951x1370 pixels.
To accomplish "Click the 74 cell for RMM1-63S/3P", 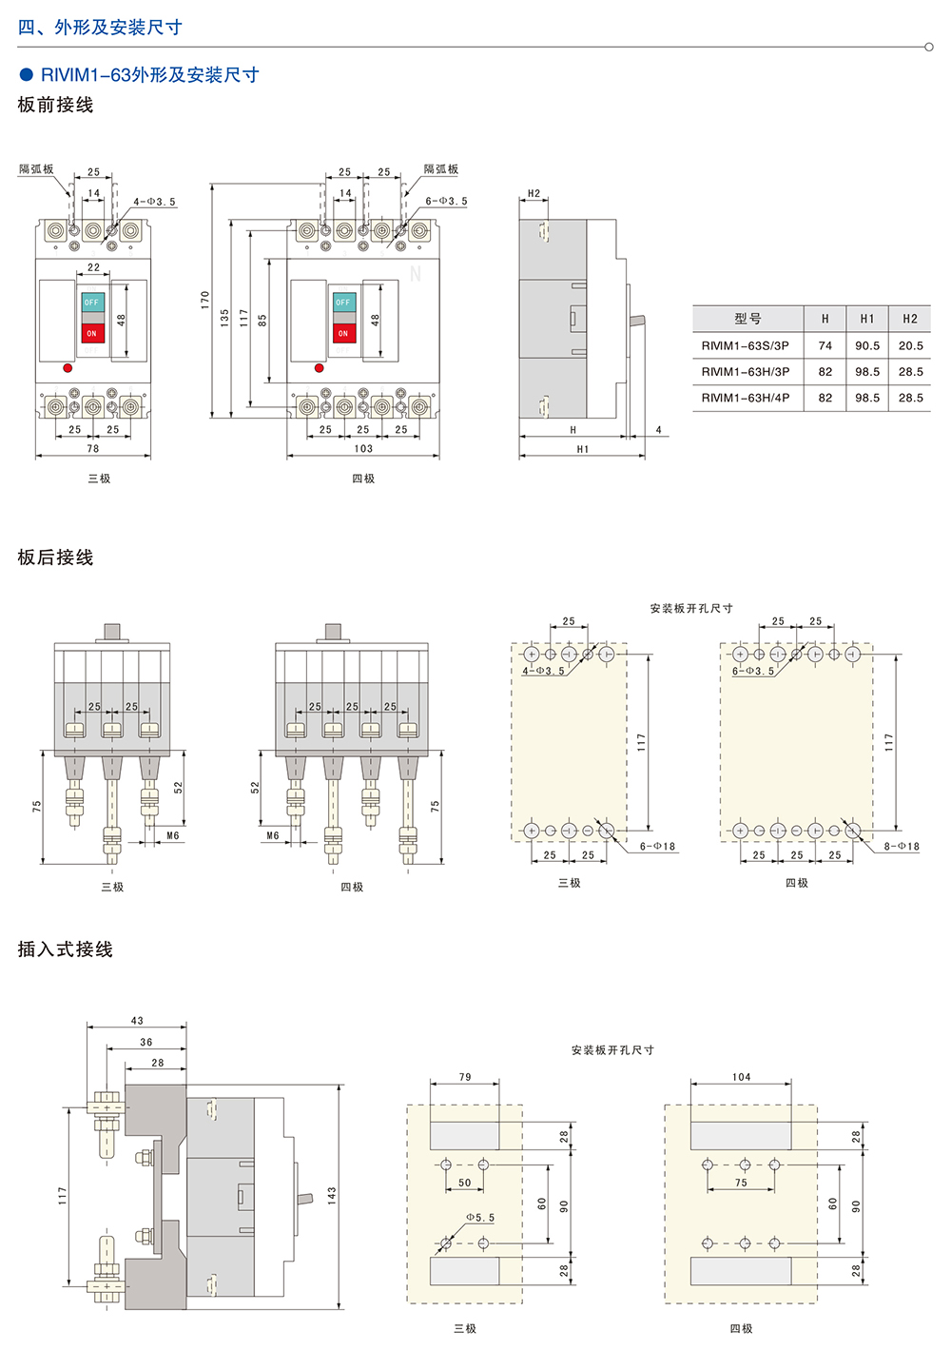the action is coord(825,345).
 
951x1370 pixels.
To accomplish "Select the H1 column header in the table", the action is coord(867,319).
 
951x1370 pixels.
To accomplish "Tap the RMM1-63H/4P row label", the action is coord(746,398).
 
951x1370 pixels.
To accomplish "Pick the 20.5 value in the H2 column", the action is coord(911,345).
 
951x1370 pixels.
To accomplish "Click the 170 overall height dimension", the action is coord(205,300).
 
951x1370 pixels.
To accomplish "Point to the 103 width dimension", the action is coord(363,448).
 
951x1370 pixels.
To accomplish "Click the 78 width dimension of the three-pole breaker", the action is coord(93,448).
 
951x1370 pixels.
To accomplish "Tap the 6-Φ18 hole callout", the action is coord(658,846).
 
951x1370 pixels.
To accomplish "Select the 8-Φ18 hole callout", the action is coord(902,846).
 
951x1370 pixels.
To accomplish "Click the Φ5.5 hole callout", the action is coord(480,1217).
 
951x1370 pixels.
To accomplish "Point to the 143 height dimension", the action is coord(332,1196).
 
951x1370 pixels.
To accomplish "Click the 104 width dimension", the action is coord(742,1076).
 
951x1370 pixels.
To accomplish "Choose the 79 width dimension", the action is coord(465,1076).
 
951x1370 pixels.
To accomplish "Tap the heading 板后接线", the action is coord(55,558).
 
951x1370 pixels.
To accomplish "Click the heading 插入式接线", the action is coord(66,949).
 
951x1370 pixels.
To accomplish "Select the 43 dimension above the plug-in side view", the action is coord(137,1020).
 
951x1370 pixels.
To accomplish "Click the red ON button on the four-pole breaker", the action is coord(343,333).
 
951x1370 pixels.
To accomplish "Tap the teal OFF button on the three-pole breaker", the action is coord(91,303).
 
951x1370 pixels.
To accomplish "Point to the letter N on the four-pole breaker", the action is coord(416,273).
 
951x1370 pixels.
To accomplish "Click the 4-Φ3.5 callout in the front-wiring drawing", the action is coord(155,202).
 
